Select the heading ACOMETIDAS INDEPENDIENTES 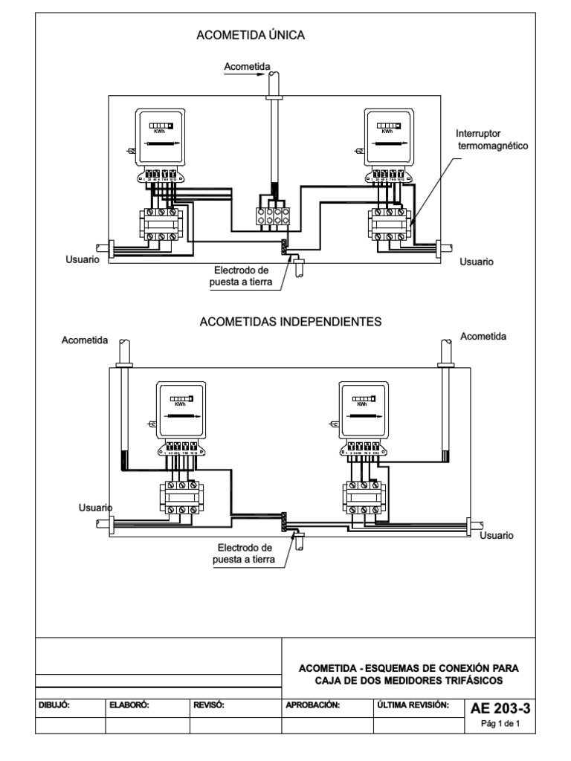[291, 323]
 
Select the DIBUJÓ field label [55, 704]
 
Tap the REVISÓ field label [209, 704]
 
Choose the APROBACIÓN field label [313, 704]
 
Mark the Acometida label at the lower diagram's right [483, 337]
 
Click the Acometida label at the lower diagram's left [85, 340]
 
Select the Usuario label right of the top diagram [477, 262]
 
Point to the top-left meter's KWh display [160, 126]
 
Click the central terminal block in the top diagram [271, 216]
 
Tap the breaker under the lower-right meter [364, 496]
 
